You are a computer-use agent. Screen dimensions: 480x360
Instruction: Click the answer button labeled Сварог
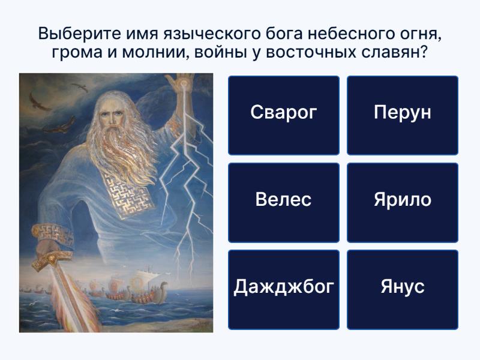284,115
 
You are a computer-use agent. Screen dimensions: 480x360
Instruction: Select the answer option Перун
403,115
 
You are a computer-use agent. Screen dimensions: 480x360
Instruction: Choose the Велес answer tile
284,203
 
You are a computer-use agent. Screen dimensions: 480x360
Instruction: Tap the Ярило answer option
403,203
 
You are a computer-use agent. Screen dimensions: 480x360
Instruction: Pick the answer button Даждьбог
284,290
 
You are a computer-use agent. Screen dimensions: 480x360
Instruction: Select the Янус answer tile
403,290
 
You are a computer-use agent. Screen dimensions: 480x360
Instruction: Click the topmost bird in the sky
80,87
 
